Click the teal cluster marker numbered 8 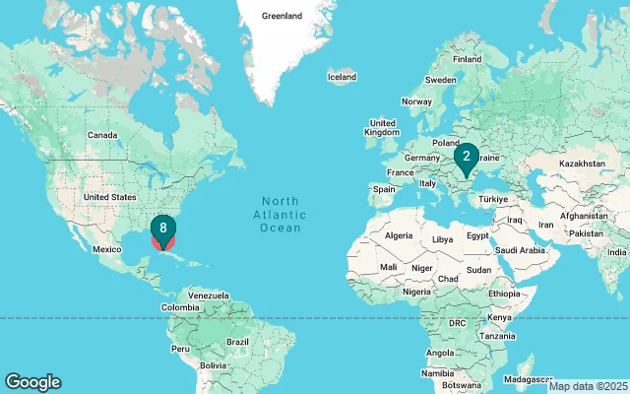[163, 229]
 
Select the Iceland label [342, 77]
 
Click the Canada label [103, 135]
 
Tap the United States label [110, 197]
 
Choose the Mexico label [106, 249]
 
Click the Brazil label [237, 341]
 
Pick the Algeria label [399, 236]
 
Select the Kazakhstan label [583, 163]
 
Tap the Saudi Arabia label [520, 250]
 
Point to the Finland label [468, 59]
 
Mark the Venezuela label [208, 295]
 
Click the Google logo [32, 382]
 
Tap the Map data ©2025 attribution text [588, 386]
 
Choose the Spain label [384, 189]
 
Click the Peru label [180, 348]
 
